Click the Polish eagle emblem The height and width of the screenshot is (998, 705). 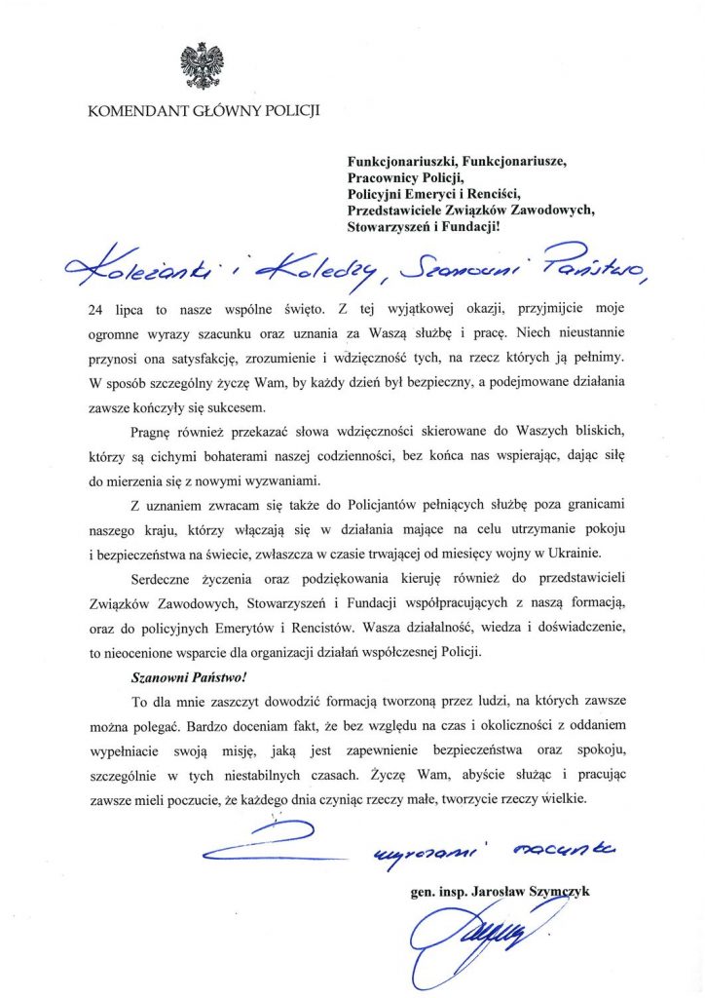[x=203, y=65]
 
